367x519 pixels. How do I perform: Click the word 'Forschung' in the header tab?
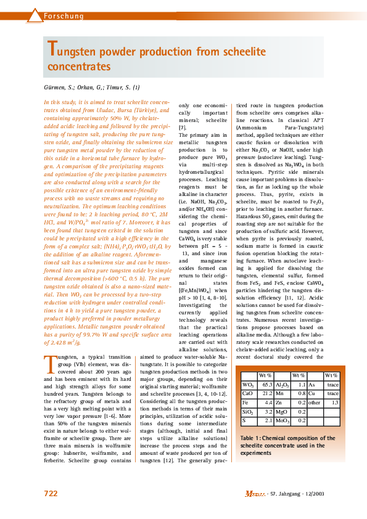[64, 14]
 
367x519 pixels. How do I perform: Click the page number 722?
[51, 494]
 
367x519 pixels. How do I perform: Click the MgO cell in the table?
[281, 411]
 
